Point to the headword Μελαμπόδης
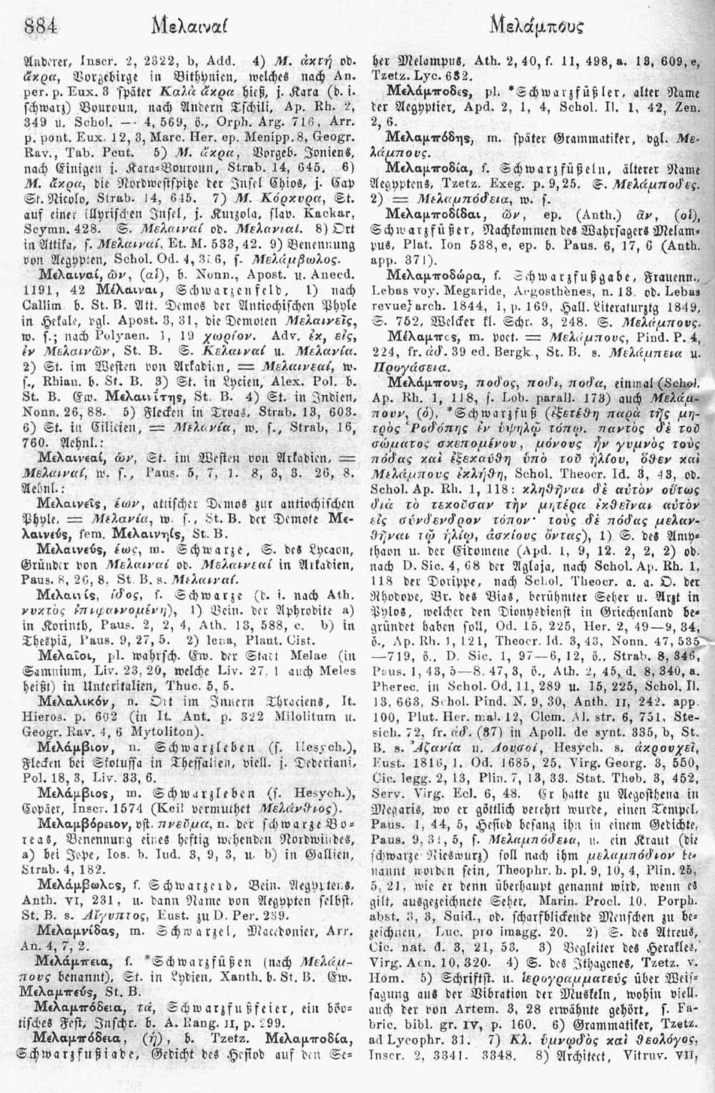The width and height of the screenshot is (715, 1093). click(423, 135)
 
